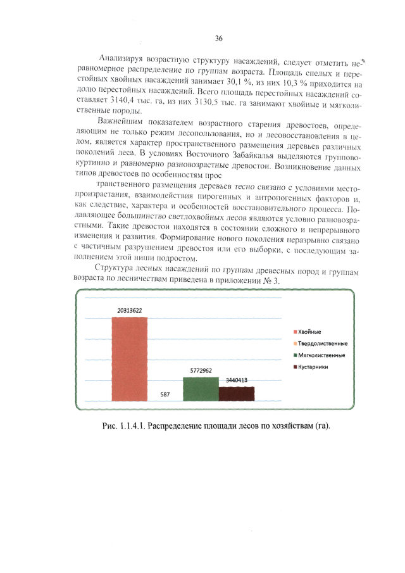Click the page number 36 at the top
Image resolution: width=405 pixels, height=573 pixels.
click(x=218, y=39)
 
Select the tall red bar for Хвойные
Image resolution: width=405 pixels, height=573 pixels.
click(x=130, y=358)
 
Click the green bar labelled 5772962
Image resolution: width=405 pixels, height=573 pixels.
click(x=201, y=389)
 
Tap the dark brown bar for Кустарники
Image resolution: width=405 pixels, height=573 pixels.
click(x=236, y=394)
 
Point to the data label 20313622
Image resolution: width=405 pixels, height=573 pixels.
click(x=129, y=311)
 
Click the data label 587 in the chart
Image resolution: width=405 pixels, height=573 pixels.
click(x=165, y=394)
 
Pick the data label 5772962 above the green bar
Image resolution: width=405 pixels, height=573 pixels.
click(x=201, y=370)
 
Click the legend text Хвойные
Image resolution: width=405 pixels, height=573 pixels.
click(x=309, y=332)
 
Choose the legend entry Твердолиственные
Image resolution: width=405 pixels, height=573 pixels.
click(x=322, y=344)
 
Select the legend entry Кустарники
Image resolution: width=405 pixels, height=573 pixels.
click(x=313, y=367)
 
